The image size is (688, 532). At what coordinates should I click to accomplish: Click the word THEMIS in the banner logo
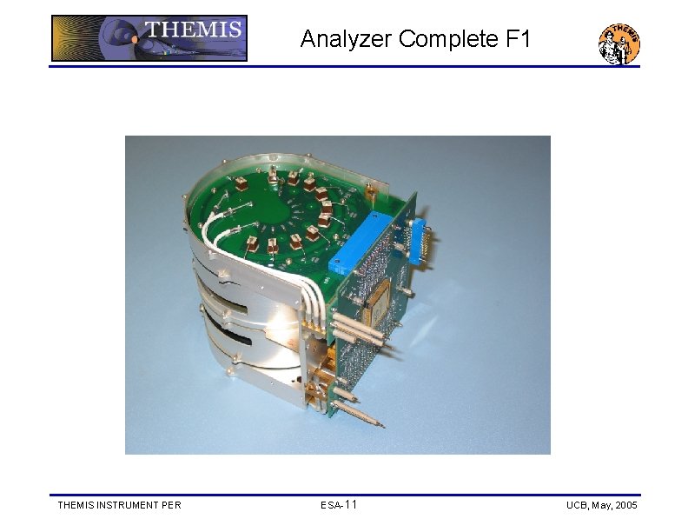[193, 30]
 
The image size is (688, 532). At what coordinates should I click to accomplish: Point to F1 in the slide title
[521, 39]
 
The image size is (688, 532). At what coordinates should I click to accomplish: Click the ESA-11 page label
[338, 505]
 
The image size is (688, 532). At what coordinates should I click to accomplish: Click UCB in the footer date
[577, 505]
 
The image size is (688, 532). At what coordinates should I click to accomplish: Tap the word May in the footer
[599, 505]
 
